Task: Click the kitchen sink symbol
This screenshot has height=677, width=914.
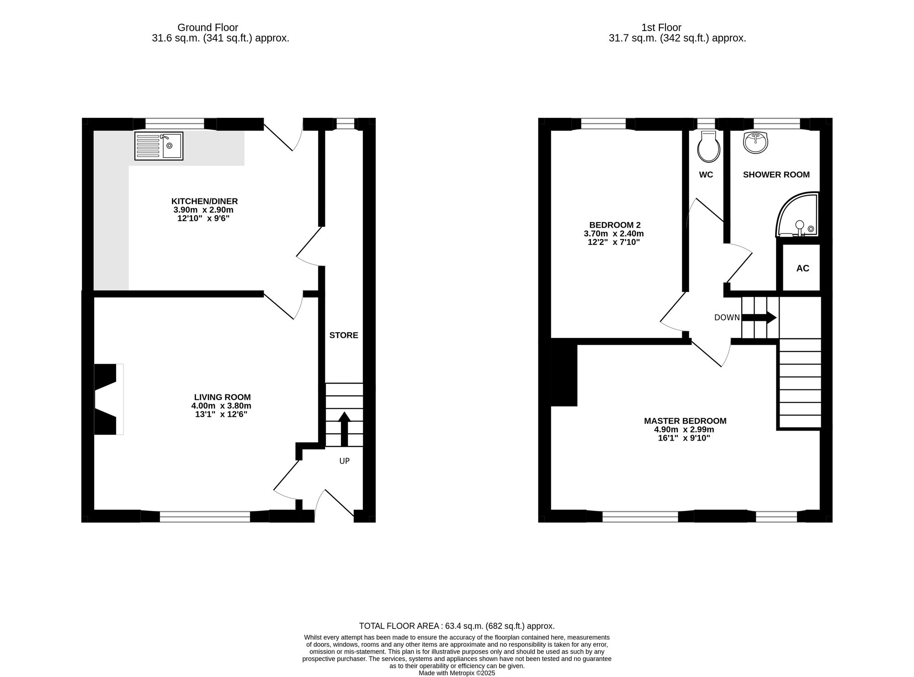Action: [x=159, y=146]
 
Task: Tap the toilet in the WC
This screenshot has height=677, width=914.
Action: [x=709, y=147]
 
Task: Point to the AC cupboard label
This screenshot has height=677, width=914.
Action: [x=802, y=268]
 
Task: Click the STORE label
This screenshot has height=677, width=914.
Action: [x=344, y=336]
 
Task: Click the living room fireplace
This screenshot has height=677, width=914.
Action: [x=107, y=399]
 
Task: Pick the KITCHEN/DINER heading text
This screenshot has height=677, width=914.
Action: [x=204, y=201]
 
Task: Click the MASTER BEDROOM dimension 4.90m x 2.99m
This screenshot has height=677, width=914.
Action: [x=685, y=430]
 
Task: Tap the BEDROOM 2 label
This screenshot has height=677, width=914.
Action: [x=615, y=225]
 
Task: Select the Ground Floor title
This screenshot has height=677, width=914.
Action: [x=207, y=27]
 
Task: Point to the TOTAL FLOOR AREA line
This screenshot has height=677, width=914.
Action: [x=457, y=626]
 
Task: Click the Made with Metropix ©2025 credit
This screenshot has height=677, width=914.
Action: [x=457, y=673]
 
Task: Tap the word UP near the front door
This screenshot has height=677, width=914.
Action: [x=345, y=461]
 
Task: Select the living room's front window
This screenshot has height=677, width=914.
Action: [x=205, y=517]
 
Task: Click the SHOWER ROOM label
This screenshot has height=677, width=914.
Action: [x=776, y=175]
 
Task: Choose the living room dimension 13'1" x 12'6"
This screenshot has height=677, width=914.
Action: [x=221, y=415]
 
